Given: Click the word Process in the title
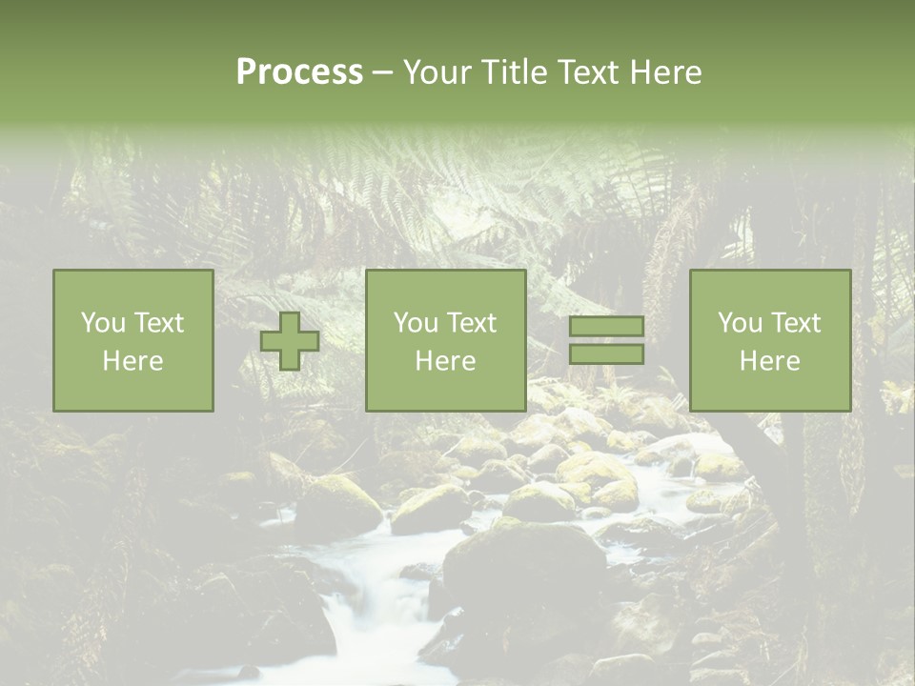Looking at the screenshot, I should click(299, 72).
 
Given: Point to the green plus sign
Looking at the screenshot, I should click(290, 341).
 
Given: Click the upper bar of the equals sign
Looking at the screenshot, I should click(606, 327).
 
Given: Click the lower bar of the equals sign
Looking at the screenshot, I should click(606, 354).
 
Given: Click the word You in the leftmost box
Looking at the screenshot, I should click(102, 323).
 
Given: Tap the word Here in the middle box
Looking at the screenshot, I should click(446, 361).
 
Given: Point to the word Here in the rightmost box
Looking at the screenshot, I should click(770, 361).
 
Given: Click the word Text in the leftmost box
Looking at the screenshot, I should click(158, 323).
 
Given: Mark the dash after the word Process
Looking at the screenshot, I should click(382, 72).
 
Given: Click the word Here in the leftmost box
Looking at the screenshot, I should click(133, 361).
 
